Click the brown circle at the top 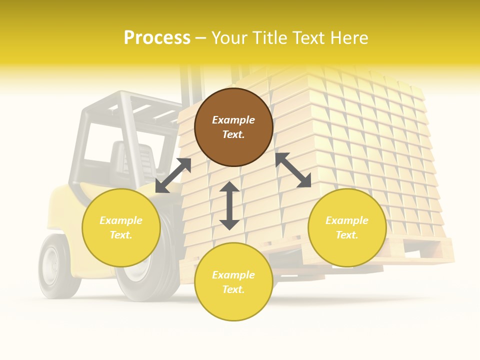[x=233, y=127]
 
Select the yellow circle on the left [x=121, y=227]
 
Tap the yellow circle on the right [x=347, y=227]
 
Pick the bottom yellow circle [x=233, y=282]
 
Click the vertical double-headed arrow [x=229, y=206]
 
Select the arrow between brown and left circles [x=173, y=175]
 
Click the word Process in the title [x=157, y=37]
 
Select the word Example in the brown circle [x=233, y=120]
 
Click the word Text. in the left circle [x=121, y=235]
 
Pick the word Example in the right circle [x=347, y=220]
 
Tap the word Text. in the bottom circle [x=233, y=289]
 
